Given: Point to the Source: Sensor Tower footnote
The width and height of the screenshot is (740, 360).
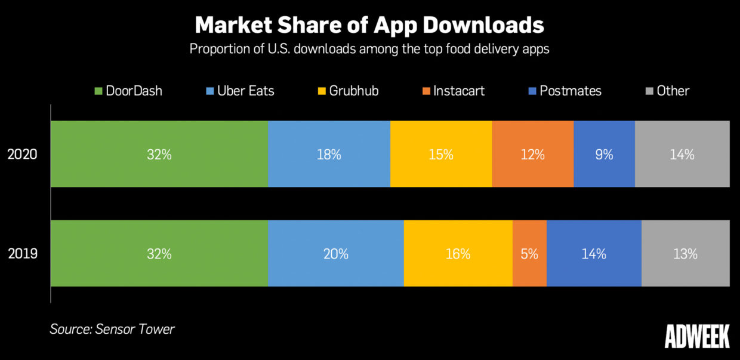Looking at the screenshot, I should pyautogui.click(x=112, y=329).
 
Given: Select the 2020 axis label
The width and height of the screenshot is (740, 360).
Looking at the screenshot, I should pyautogui.click(x=23, y=155).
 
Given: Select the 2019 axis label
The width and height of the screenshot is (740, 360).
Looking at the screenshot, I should pyautogui.click(x=23, y=254).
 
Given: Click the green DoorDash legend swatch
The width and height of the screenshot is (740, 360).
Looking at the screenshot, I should pyautogui.click(x=98, y=91).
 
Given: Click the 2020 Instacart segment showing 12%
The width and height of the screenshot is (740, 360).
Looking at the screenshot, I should pyautogui.click(x=532, y=155).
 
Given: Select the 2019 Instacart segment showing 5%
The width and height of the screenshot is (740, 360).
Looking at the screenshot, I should pyautogui.click(x=529, y=254).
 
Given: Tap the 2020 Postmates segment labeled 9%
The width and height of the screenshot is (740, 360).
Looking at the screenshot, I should pyautogui.click(x=604, y=155).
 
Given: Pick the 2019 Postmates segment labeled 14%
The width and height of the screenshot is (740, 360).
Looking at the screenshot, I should pyautogui.click(x=594, y=254).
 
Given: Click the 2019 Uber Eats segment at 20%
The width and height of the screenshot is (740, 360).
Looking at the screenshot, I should pyautogui.click(x=336, y=254).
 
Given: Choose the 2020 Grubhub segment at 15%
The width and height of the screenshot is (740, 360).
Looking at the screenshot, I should pyautogui.click(x=441, y=155).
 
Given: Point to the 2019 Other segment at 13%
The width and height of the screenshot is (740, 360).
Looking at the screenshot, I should pyautogui.click(x=685, y=254).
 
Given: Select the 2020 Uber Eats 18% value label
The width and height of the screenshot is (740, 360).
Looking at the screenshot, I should pyautogui.click(x=329, y=155).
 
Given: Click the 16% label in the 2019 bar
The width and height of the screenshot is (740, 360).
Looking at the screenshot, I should pyautogui.click(x=458, y=254).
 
